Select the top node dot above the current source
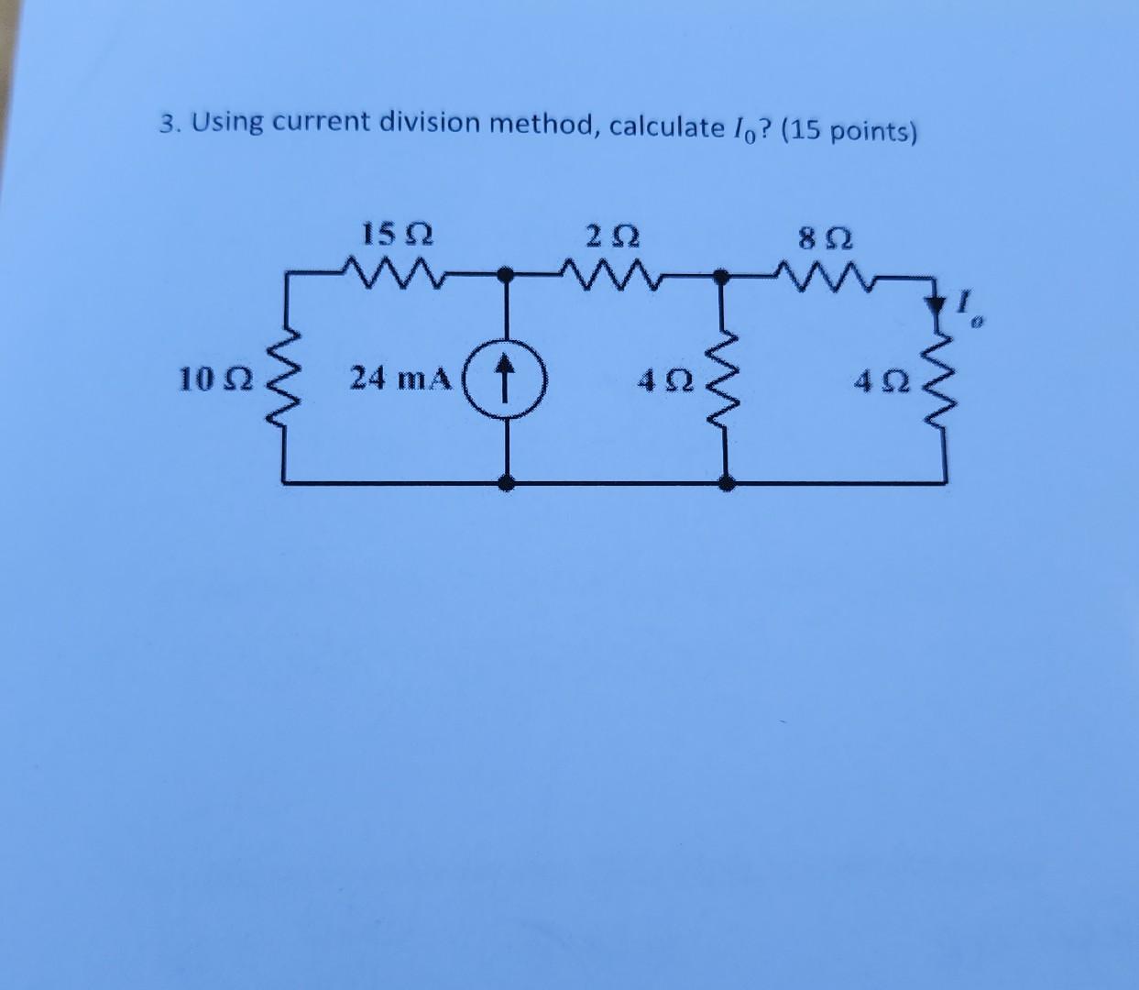tap(505, 272)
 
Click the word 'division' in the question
tap(427, 122)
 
